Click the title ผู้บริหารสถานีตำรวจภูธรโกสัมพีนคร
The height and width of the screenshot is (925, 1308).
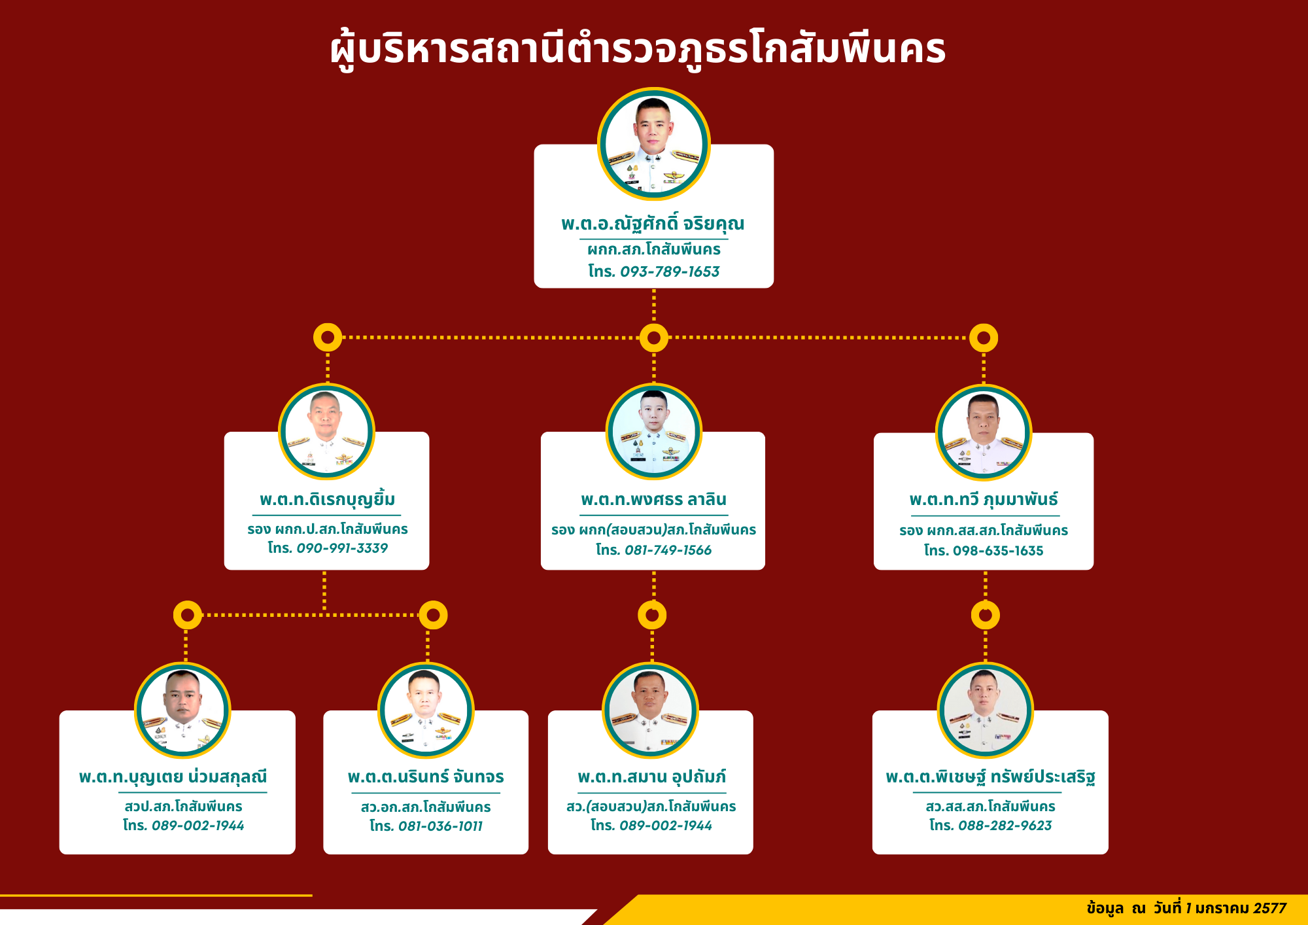tap(638, 48)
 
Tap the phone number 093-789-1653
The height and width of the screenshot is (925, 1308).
tap(670, 271)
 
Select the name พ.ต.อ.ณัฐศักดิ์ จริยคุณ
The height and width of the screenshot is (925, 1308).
tap(653, 224)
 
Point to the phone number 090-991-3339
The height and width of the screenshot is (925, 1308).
tap(342, 548)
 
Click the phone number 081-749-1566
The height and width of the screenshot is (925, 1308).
tap(668, 550)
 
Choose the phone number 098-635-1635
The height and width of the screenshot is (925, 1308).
tap(998, 551)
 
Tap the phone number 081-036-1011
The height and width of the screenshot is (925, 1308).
tap(440, 826)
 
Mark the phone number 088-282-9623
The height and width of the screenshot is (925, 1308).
tap(1005, 826)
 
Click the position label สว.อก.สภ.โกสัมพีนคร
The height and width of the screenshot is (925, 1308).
tap(426, 807)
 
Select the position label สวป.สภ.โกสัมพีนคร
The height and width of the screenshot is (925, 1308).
tap(184, 807)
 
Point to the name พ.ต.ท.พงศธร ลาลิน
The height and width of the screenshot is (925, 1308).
tap(653, 500)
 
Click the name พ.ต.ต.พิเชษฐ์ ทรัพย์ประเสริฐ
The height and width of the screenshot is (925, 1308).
tap(990, 777)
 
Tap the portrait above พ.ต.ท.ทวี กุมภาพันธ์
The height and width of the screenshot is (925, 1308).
tap(984, 432)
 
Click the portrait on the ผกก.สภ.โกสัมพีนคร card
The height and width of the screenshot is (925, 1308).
tap(654, 144)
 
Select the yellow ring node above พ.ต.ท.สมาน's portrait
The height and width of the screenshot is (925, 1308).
tap(652, 615)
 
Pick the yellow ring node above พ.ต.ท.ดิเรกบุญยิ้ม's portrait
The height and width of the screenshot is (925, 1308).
tap(328, 338)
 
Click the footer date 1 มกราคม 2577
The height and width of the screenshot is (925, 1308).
tap(1236, 909)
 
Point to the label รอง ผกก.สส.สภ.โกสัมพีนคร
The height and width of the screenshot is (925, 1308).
tap(984, 531)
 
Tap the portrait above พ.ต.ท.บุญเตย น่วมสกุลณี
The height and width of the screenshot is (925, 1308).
tap(182, 710)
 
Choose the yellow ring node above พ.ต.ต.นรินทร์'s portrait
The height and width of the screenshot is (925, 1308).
tap(433, 615)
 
